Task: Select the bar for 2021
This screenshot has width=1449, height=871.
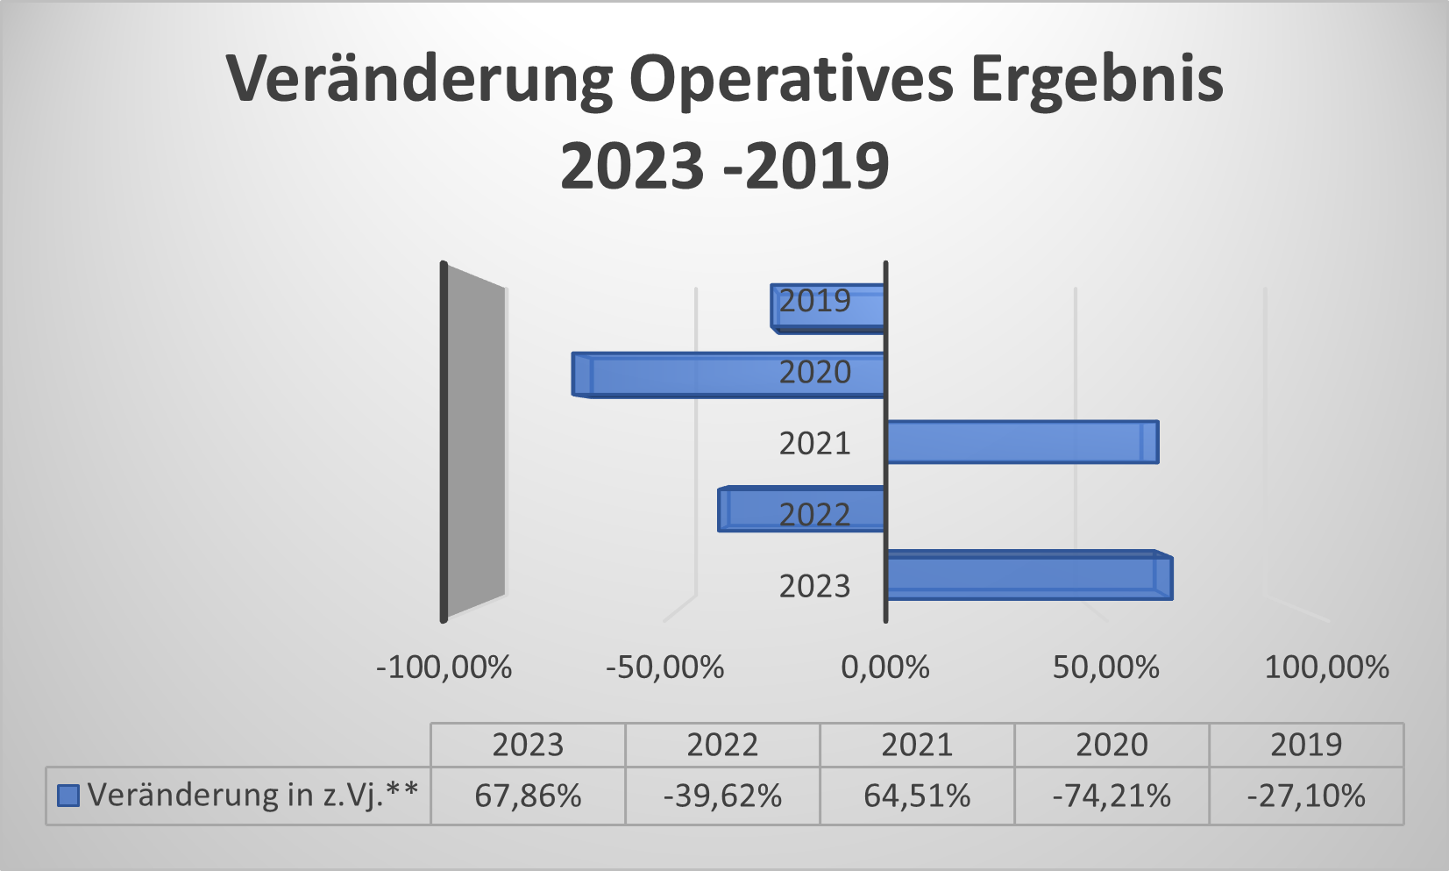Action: click(x=1021, y=442)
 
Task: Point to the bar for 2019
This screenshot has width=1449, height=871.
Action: click(x=827, y=308)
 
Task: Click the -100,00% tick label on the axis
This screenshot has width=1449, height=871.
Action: click(x=444, y=668)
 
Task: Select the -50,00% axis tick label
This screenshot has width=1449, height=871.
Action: click(x=665, y=668)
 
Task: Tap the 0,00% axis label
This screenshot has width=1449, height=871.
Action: click(x=885, y=668)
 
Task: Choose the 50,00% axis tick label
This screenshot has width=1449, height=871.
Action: click(x=1105, y=668)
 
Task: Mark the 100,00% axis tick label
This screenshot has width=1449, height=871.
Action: click(x=1326, y=668)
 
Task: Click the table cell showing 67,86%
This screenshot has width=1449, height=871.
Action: click(x=528, y=796)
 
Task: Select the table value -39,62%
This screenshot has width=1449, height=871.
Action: click(x=722, y=796)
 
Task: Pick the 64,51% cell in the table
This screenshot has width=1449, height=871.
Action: click(x=917, y=796)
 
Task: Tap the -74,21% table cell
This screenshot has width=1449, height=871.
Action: click(x=1112, y=796)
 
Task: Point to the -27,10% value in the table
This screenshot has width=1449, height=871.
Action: click(x=1306, y=796)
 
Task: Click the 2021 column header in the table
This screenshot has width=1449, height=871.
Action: click(x=917, y=745)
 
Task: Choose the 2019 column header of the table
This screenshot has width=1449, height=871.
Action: click(x=1306, y=745)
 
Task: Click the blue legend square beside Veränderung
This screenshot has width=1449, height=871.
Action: click(x=67, y=796)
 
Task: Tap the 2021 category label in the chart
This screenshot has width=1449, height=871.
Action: click(x=814, y=443)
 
